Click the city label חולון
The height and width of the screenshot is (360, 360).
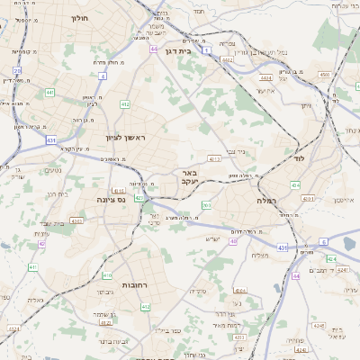78,16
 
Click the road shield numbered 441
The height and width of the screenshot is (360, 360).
49,93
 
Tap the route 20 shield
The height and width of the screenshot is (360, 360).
17,69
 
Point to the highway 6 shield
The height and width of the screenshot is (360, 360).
323,242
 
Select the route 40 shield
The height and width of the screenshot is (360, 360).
233,241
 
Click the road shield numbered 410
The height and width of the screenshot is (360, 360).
107,274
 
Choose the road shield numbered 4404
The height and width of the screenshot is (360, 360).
265,78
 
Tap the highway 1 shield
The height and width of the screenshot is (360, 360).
206,50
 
